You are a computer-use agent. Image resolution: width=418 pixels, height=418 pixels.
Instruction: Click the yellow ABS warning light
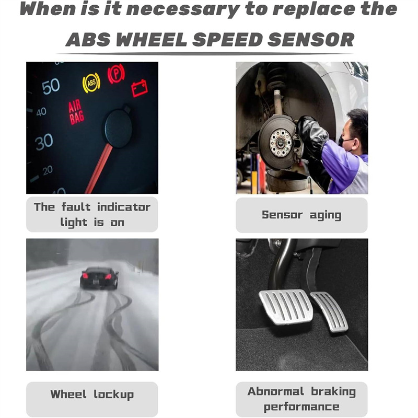tap(91, 83)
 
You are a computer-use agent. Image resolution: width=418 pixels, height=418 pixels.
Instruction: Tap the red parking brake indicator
tap(116, 73)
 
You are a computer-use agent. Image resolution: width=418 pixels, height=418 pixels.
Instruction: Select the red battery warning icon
tap(140, 88)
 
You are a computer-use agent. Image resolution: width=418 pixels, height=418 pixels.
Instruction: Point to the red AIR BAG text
tap(76, 112)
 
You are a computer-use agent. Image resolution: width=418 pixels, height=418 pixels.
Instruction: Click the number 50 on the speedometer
tap(51, 86)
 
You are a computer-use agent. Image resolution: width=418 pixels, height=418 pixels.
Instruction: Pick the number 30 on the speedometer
tap(44, 142)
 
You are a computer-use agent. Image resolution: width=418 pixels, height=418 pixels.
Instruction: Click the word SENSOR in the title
tap(311, 40)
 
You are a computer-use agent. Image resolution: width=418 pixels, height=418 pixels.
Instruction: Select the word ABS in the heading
tap(88, 40)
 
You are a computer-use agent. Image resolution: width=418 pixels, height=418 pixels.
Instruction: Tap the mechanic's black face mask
tap(345, 142)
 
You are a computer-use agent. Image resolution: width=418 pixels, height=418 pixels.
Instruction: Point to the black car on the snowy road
tap(99, 278)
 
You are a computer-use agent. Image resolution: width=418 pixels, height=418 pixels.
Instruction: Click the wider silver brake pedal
tap(286, 306)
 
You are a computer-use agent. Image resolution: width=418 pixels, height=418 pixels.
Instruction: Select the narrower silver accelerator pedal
tap(330, 311)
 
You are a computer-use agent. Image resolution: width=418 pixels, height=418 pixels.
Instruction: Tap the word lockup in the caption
tap(113, 394)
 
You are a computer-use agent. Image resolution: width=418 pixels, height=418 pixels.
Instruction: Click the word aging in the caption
tap(326, 215)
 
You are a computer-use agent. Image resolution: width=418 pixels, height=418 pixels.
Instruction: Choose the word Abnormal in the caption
tap(276, 391)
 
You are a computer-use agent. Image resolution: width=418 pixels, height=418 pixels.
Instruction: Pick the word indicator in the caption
tap(124, 207)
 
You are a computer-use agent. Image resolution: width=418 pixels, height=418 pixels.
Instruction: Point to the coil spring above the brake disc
tap(275, 77)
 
